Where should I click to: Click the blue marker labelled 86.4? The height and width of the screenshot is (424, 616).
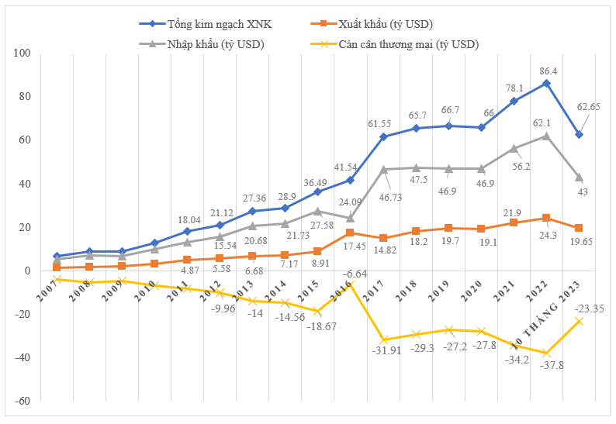point(547,83)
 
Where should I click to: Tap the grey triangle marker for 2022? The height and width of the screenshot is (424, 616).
point(547,136)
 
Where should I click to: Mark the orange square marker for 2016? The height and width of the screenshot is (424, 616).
point(350,233)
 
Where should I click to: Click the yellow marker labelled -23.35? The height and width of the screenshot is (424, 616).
point(580,322)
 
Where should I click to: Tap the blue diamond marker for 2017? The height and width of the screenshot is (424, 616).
point(383,137)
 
